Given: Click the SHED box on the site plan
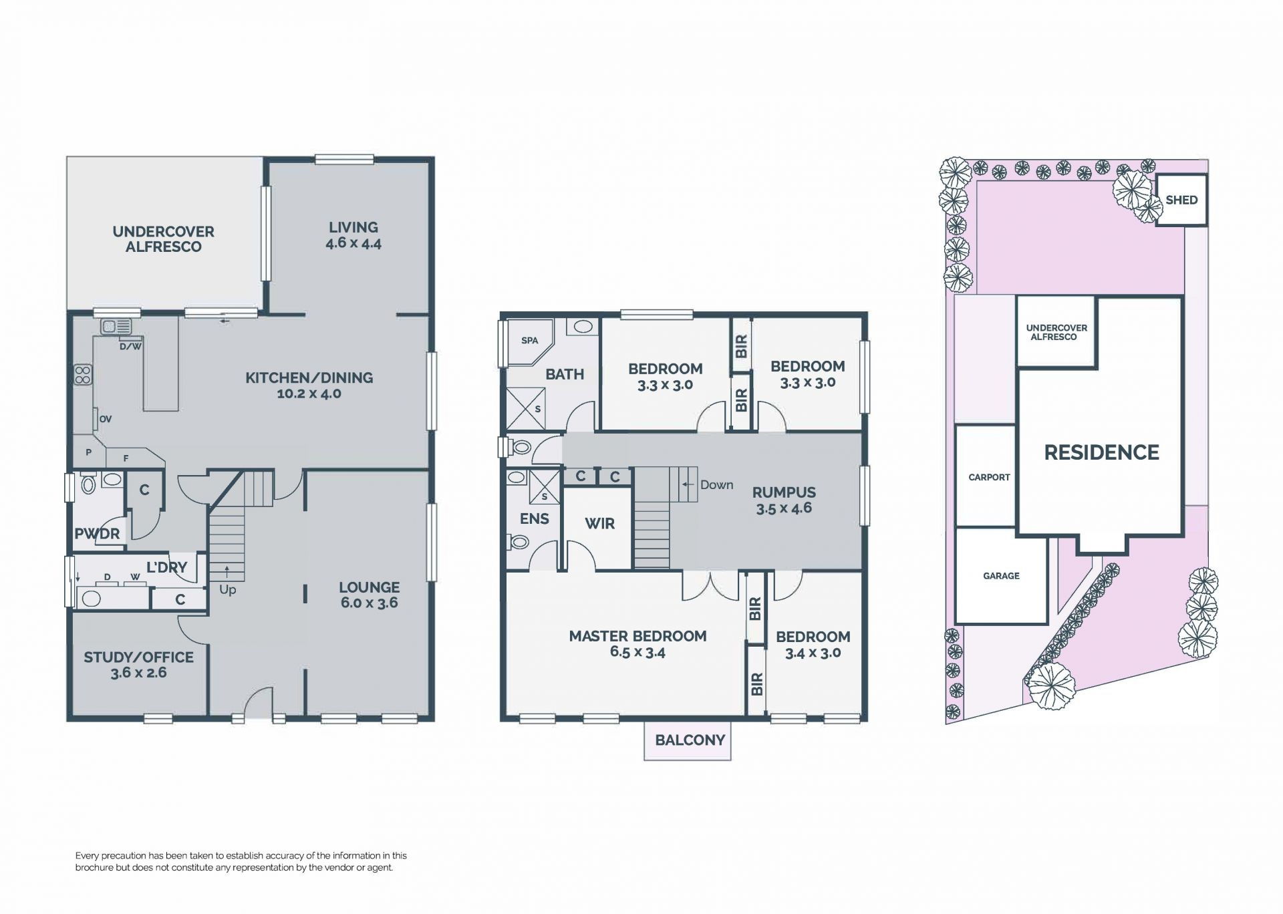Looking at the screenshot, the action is [1181, 200].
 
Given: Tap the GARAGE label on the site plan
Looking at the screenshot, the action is [1001, 575].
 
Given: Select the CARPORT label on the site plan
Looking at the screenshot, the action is [989, 477].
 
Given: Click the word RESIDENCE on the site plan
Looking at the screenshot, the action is [1101, 452].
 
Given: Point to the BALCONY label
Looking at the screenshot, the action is [690, 740].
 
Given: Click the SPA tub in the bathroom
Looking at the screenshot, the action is [529, 341].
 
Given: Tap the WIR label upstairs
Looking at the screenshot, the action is [599, 524].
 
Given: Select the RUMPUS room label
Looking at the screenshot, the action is [784, 492].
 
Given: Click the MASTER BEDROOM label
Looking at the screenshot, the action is [637, 636].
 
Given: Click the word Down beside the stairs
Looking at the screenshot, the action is [716, 485].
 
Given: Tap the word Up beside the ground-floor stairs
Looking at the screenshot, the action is [227, 591].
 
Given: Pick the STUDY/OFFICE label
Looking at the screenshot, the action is [138, 657].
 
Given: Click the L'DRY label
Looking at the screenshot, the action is [166, 567].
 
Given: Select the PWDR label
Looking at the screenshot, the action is [97, 534].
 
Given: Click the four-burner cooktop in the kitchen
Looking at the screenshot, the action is [83, 375].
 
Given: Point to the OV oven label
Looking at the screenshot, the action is [105, 420].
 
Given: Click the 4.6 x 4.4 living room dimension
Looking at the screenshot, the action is [353, 243].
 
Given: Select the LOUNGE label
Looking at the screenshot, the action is [369, 587].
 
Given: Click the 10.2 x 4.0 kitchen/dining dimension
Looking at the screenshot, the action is [309, 394].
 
